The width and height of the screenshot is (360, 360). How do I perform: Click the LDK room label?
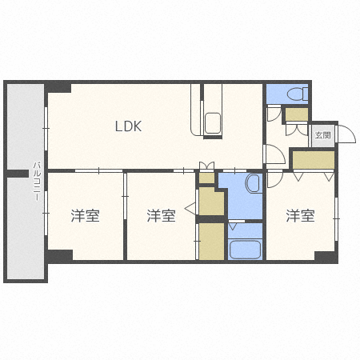(x=128, y=126)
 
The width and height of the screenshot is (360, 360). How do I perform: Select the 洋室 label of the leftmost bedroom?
(x=85, y=215)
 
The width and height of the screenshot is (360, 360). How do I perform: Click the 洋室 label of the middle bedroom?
(x=161, y=215)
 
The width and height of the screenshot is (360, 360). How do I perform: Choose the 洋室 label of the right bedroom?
(x=301, y=215)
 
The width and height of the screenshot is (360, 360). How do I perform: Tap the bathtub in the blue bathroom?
(x=246, y=249)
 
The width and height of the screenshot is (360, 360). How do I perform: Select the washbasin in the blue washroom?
(x=252, y=185)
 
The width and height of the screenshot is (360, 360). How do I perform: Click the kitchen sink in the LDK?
(x=214, y=124)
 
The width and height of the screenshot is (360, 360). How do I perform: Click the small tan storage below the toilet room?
(x=296, y=114)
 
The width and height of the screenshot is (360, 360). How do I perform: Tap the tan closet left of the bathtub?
(x=212, y=242)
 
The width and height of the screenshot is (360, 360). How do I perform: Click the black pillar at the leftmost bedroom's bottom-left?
(x=59, y=256)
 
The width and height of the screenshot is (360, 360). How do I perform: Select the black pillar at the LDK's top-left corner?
(x=58, y=87)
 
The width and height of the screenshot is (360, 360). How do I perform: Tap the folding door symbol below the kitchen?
(x=207, y=166)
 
